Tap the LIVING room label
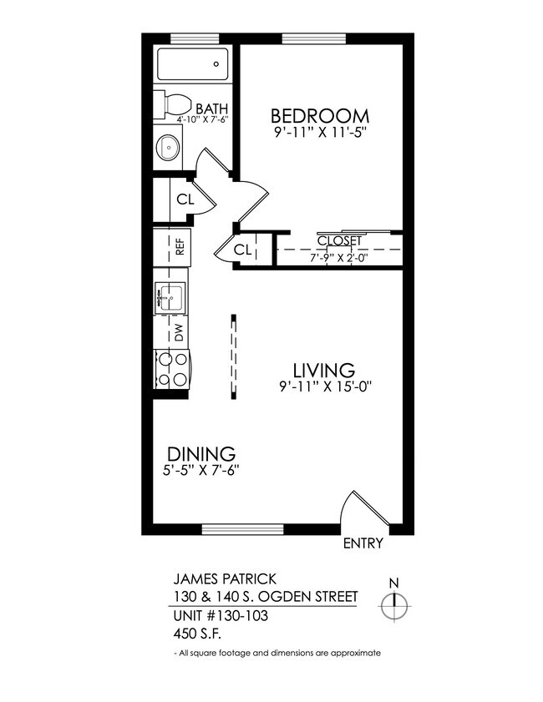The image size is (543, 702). (323, 369)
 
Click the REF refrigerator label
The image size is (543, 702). (178, 247)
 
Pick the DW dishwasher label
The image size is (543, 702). (178, 331)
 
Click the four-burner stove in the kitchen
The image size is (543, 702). (172, 369)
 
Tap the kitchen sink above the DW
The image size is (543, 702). (171, 297)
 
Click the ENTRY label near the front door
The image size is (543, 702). (363, 543)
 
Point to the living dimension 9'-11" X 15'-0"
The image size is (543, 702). (323, 386)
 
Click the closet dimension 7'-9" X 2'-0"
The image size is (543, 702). (339, 257)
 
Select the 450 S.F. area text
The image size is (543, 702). (191, 634)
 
